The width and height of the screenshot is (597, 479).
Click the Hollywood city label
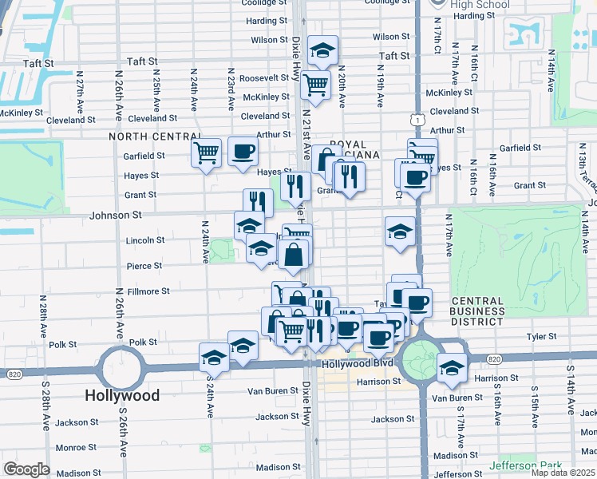coord(122,395)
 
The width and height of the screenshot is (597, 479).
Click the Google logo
coord(26,469)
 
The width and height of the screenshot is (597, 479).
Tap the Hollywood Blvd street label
coord(358,363)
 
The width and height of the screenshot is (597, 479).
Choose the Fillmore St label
coord(144,292)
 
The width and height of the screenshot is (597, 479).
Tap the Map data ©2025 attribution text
coord(563,473)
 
